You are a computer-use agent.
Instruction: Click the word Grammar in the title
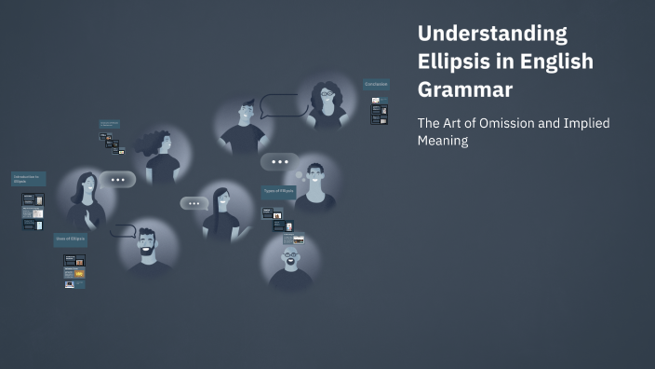(x=465, y=89)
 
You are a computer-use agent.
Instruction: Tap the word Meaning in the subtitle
(x=443, y=141)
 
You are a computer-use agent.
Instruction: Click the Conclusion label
(x=376, y=85)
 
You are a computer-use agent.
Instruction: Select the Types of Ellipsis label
(x=278, y=191)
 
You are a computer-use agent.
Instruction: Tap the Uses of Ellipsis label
(x=70, y=239)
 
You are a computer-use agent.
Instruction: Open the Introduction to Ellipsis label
(x=28, y=178)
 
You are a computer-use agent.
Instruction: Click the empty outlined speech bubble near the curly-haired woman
(x=282, y=105)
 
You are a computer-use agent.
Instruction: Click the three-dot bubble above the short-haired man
(x=280, y=162)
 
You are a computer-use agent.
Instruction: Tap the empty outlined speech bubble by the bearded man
(x=123, y=230)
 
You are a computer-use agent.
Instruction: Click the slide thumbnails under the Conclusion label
(x=379, y=113)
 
